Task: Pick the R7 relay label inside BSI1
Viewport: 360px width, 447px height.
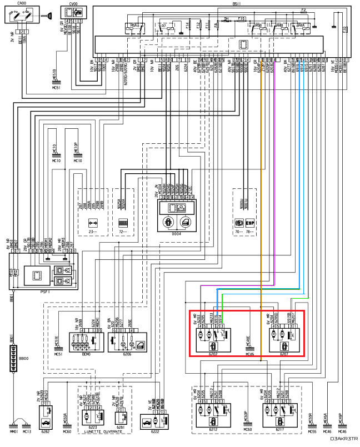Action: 163,26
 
